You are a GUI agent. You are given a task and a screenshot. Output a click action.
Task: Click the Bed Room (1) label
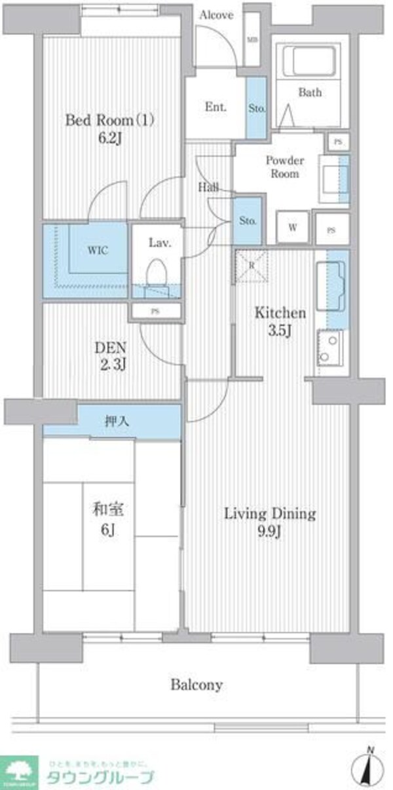tap(109, 120)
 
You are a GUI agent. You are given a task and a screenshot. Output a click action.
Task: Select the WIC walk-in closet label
tap(94, 251)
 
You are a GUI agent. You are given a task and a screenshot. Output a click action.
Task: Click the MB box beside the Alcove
tap(252, 39)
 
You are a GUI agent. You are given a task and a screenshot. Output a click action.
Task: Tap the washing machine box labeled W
tap(293, 228)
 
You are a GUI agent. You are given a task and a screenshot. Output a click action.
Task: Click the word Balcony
tap(196, 685)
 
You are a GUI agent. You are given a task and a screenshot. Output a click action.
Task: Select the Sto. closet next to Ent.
tap(256, 107)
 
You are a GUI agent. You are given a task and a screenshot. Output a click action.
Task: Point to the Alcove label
tap(216, 14)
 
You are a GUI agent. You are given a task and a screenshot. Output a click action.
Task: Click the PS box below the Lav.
tap(155, 312)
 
